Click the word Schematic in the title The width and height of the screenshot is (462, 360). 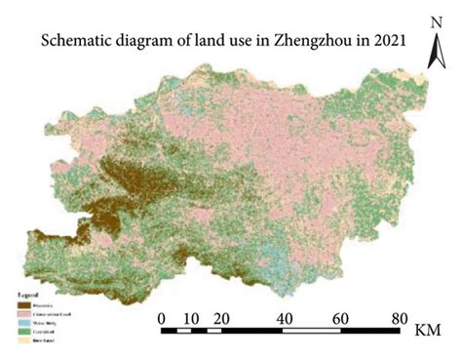point(74,42)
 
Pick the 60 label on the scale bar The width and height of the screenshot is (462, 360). point(344,318)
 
